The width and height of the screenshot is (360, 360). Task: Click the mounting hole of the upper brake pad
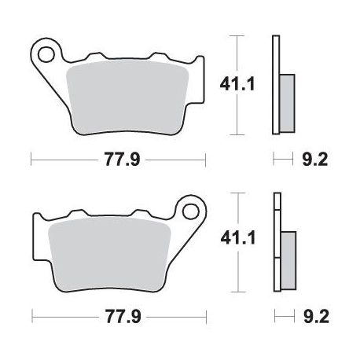(x=45, y=55)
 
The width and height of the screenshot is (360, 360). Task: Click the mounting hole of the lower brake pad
(x=190, y=212)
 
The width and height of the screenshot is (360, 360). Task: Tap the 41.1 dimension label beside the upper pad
(x=237, y=84)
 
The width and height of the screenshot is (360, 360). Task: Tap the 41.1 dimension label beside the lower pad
(x=238, y=238)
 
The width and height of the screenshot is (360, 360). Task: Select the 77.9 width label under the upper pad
(x=123, y=160)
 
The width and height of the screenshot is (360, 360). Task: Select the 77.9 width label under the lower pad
(x=123, y=317)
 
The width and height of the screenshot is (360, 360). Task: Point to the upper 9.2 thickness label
(x=315, y=160)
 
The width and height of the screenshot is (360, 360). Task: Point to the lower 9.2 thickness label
(x=316, y=317)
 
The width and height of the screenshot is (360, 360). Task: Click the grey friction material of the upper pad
(x=127, y=98)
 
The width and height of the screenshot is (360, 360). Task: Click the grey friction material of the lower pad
(x=110, y=255)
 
